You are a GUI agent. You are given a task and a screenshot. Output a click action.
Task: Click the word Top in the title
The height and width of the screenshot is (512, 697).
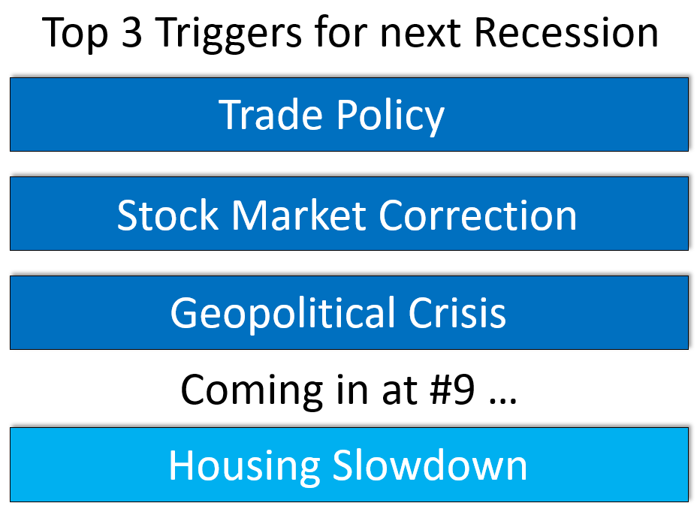click(x=74, y=34)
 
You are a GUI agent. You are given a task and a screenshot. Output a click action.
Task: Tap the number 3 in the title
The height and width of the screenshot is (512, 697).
click(x=131, y=32)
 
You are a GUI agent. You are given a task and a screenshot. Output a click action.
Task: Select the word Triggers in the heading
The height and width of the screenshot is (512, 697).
click(x=228, y=35)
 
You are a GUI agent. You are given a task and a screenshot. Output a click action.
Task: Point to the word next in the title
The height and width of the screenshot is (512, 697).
click(x=420, y=35)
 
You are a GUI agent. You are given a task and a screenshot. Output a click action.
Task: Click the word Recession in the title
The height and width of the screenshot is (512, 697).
click(x=566, y=32)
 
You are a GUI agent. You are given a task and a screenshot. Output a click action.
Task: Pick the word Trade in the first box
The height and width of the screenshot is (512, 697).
click(x=270, y=114)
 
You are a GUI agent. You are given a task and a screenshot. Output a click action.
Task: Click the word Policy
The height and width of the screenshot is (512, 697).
click(x=390, y=116)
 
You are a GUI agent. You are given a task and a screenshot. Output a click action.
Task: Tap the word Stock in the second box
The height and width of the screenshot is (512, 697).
click(x=167, y=215)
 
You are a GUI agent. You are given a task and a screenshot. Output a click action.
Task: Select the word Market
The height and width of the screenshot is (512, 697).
click(x=299, y=215)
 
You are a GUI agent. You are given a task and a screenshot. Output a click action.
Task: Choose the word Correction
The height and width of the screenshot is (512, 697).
click(x=478, y=215)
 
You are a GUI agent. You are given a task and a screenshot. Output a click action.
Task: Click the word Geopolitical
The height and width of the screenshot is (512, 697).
click(x=282, y=314)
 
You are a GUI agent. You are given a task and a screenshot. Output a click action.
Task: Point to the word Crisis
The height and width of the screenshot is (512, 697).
click(x=457, y=312)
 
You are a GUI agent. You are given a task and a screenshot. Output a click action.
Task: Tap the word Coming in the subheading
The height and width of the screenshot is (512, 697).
click(x=252, y=391)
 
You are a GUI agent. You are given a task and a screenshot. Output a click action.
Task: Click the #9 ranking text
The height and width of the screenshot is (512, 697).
click(x=452, y=390)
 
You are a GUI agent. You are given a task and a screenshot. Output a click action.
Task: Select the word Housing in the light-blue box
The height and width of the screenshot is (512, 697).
click(x=244, y=467)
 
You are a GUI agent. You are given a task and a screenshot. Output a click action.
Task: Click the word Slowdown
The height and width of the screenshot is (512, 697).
click(x=430, y=465)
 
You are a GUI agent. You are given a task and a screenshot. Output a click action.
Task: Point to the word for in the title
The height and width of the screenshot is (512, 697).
click(x=341, y=32)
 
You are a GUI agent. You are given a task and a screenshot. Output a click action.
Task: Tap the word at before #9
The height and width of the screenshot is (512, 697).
click(x=399, y=390)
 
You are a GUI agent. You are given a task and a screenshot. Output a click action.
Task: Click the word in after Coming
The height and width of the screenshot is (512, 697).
click(x=352, y=390)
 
